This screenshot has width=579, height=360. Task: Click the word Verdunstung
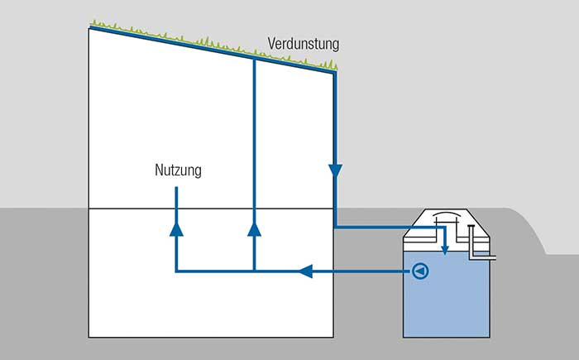[x=304, y=44]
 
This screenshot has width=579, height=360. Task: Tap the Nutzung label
[x=178, y=170]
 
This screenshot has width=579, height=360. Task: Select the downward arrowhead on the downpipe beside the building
[x=335, y=171]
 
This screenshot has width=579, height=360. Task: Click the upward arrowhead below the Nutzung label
[x=176, y=229]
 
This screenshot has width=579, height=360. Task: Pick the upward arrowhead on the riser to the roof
[x=255, y=229]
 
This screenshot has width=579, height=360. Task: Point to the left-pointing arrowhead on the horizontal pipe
[x=306, y=271]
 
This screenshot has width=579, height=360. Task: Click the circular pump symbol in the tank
[x=420, y=271]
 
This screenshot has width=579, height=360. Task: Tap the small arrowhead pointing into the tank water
[x=445, y=251]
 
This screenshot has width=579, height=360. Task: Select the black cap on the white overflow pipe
[x=471, y=226]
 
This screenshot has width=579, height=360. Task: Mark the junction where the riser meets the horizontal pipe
[x=255, y=271]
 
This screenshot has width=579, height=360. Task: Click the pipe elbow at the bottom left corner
[x=176, y=271]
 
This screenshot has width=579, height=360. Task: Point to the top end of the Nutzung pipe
[x=176, y=188]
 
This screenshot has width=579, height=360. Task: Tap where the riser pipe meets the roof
[x=255, y=59]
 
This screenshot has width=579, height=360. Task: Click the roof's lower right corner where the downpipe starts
[x=335, y=73]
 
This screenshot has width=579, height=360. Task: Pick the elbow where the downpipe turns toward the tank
[x=335, y=227]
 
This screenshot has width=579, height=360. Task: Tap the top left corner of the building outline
[x=89, y=28]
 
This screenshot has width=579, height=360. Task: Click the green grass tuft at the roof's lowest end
[x=333, y=65]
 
